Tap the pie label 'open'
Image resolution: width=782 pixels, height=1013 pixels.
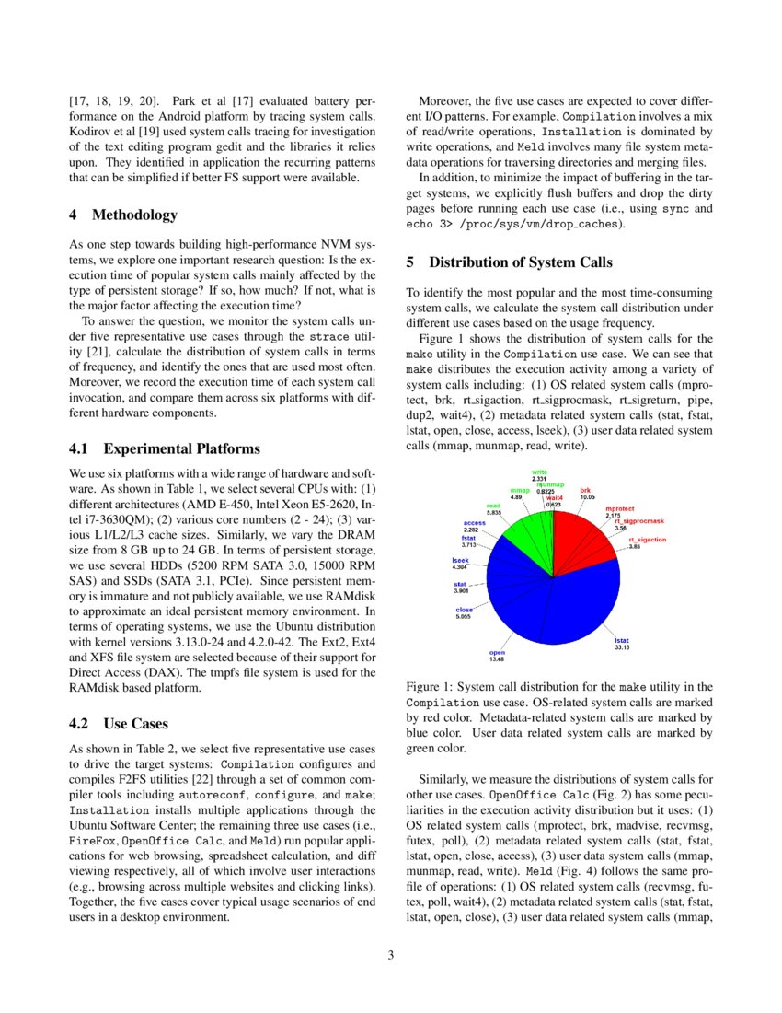click(x=497, y=652)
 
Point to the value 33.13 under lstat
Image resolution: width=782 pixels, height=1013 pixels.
click(x=623, y=647)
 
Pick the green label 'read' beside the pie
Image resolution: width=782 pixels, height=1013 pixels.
click(x=493, y=506)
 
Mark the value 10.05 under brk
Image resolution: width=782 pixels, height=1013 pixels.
click(x=587, y=496)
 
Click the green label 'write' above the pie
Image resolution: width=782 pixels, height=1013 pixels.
click(x=539, y=472)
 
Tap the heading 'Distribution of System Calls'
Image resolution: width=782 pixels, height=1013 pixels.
click(x=520, y=263)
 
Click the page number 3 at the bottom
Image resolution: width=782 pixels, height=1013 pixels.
click(x=391, y=955)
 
